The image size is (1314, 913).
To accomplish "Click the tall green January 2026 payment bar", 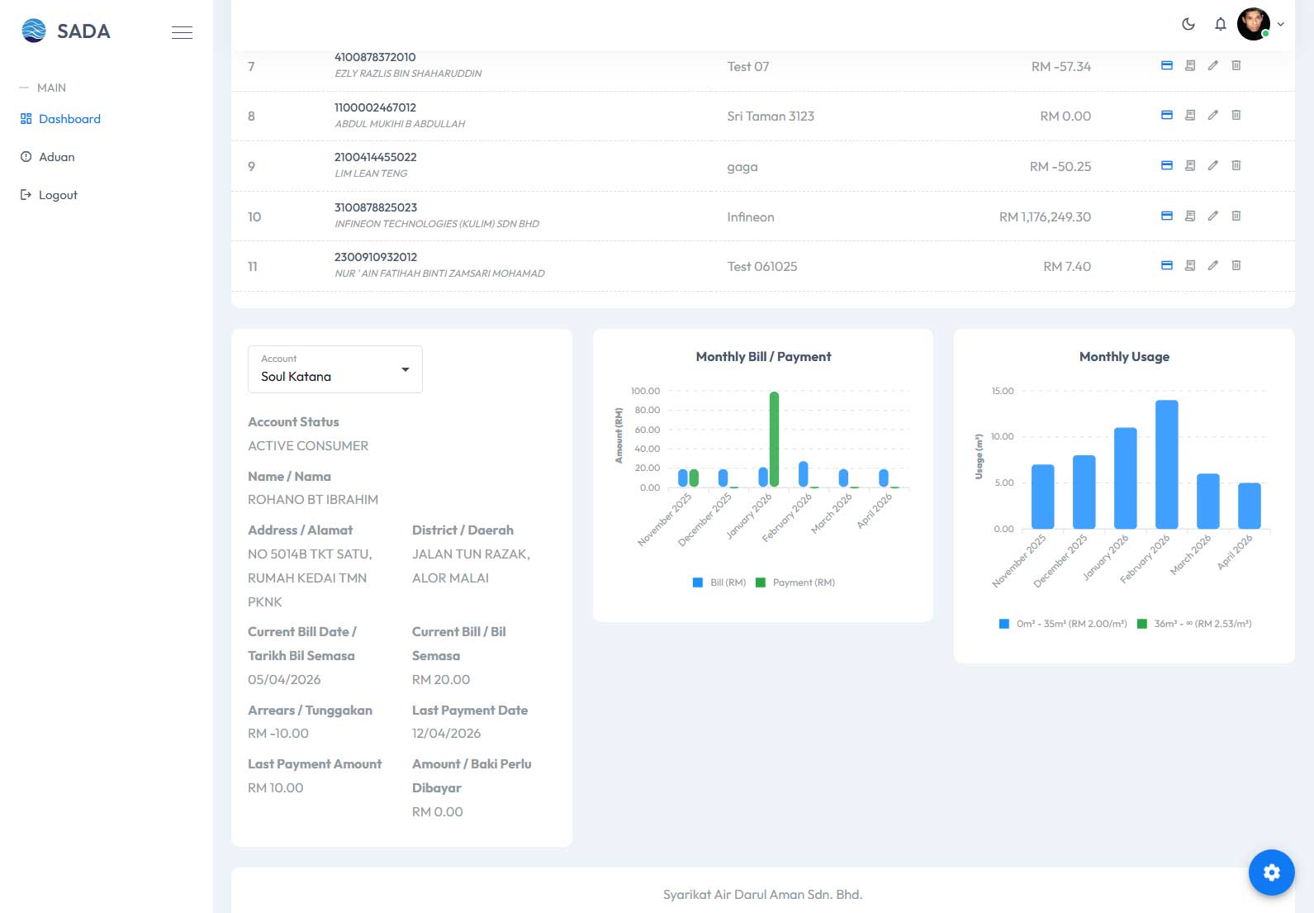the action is pyautogui.click(x=774, y=439).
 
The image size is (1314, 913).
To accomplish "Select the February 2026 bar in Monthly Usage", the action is pyautogui.click(x=1166, y=464).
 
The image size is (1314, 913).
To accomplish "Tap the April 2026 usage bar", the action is pyautogui.click(x=1249, y=506).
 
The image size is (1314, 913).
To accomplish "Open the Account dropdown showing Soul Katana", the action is pyautogui.click(x=335, y=369).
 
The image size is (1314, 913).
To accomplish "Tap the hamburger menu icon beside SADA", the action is pyautogui.click(x=182, y=32).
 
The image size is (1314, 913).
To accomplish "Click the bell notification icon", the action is pyautogui.click(x=1220, y=24).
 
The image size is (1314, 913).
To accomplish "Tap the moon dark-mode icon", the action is pyautogui.click(x=1188, y=24).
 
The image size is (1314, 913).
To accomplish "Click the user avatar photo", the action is pyautogui.click(x=1254, y=24).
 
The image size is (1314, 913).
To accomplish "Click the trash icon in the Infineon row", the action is pyautogui.click(x=1236, y=216).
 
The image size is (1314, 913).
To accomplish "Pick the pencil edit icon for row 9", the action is pyautogui.click(x=1212, y=165).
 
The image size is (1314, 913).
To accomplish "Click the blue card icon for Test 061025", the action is pyautogui.click(x=1167, y=265).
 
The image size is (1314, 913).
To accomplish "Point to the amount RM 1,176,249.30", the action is pyautogui.click(x=1045, y=217).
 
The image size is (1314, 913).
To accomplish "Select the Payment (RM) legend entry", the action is pyautogui.click(x=795, y=582).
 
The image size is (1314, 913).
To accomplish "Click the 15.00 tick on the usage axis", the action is pyautogui.click(x=1002, y=391).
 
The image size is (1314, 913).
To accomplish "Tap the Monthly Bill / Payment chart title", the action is pyautogui.click(x=763, y=356).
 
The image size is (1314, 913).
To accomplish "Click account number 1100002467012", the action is pyautogui.click(x=375, y=107).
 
